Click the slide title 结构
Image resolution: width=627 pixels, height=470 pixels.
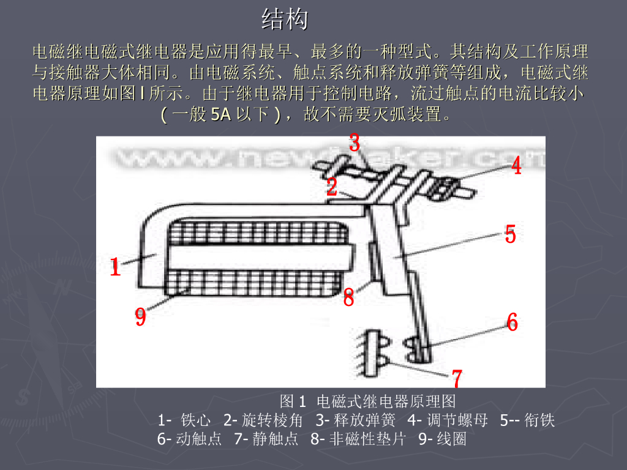pos(285,20)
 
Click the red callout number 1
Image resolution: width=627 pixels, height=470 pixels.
pos(115,267)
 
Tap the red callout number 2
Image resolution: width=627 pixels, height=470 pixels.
pos(331,187)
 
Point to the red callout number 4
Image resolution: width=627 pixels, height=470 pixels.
pos(516,165)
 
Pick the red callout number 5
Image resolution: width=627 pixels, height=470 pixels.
pos(510,234)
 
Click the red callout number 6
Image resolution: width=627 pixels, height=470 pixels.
pos(512,322)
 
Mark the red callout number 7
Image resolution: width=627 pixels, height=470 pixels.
pos(457,378)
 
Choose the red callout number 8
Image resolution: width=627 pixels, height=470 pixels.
pos(348,299)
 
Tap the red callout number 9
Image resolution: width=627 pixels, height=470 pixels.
pos(140,317)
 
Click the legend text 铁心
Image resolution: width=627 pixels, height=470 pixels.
pos(196,420)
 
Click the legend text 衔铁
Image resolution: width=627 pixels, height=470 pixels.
pos(539,420)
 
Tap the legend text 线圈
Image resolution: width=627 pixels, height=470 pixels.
pos(451,439)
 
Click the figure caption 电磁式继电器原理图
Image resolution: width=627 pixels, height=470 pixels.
pos(386,402)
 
